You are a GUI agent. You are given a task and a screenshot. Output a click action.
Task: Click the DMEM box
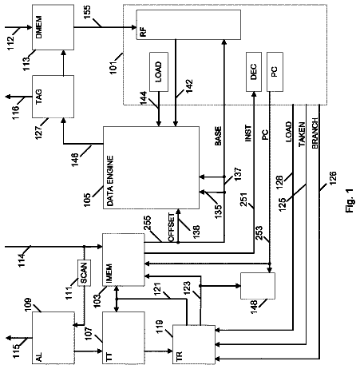[x=53, y=27]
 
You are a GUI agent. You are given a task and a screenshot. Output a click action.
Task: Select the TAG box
[x=53, y=97]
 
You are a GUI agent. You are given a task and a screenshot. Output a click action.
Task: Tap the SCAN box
[x=84, y=272]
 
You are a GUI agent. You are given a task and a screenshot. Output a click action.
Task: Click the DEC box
[x=254, y=72]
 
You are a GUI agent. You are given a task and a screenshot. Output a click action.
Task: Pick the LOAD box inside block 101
[x=159, y=72]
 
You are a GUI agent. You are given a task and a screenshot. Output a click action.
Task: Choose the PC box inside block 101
[x=275, y=72]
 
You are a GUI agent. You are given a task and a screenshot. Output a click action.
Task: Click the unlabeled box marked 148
[x=258, y=286]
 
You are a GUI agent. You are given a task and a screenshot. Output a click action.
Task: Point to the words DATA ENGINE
[x=110, y=181]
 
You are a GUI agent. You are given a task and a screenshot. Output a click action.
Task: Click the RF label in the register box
[x=143, y=31]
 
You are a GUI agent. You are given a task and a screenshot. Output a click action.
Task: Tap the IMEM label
[x=109, y=273]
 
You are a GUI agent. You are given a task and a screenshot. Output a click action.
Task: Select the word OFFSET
[x=172, y=228]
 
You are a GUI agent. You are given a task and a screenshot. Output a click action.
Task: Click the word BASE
[x=218, y=136]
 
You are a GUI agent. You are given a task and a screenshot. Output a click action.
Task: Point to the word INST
[x=247, y=133]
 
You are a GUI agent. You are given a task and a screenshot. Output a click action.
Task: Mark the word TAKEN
[x=302, y=134]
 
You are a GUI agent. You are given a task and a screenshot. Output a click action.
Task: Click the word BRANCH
[x=315, y=133]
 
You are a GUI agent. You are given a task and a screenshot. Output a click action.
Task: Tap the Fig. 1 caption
[x=350, y=200]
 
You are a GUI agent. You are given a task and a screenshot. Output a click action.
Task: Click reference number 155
[x=87, y=12]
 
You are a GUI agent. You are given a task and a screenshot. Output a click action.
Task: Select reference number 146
[x=75, y=160]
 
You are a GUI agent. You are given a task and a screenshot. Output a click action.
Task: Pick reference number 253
[x=259, y=232]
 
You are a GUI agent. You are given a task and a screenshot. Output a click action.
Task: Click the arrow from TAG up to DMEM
[x=63, y=62]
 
